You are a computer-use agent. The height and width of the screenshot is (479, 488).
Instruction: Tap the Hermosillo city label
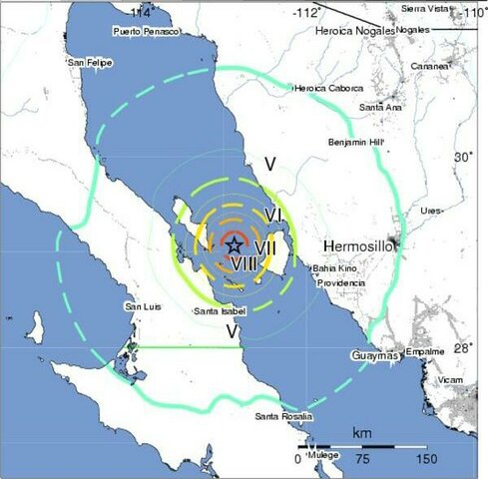(x=360, y=244)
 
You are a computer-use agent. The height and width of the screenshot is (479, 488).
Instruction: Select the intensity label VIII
(x=246, y=263)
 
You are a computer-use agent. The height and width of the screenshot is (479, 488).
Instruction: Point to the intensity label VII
(x=264, y=244)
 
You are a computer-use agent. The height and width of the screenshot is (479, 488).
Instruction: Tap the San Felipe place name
(x=89, y=63)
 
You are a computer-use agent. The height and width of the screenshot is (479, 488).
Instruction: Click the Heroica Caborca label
(x=325, y=88)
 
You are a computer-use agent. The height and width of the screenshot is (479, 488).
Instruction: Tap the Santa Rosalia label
(x=284, y=415)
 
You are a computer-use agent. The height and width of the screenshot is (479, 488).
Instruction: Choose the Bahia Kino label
(x=333, y=269)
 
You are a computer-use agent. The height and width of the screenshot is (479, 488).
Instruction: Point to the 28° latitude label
(x=462, y=348)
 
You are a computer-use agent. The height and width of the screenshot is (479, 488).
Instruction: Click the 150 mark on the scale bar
(x=426, y=459)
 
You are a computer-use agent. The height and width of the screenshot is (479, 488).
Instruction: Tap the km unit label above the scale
(x=362, y=434)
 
